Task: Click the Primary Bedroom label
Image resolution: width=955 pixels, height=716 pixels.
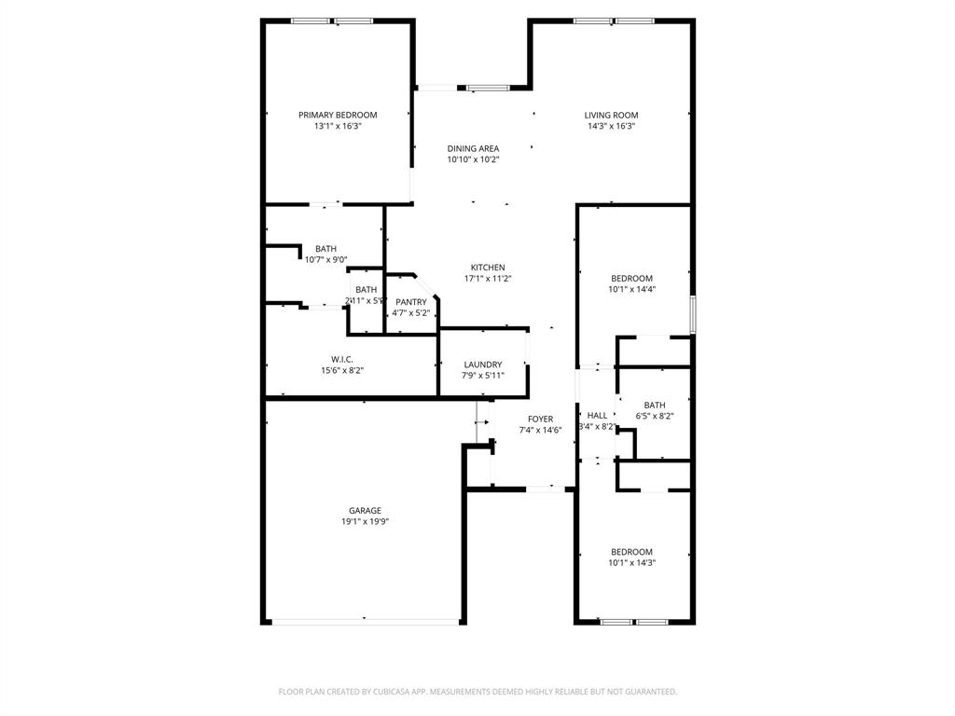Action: pyautogui.click(x=338, y=115)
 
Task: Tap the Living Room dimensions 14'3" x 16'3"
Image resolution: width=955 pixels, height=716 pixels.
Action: pyautogui.click(x=611, y=126)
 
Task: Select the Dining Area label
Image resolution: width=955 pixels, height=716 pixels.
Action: pyautogui.click(x=473, y=148)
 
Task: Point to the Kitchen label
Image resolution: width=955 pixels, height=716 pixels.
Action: pyautogui.click(x=488, y=268)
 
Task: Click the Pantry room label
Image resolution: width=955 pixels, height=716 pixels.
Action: pyautogui.click(x=411, y=302)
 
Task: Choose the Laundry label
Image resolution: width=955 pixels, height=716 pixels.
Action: pyautogui.click(x=482, y=365)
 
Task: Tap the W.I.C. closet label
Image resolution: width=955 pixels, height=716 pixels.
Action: pyautogui.click(x=341, y=359)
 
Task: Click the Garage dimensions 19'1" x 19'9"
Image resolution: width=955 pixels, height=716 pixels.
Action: pyautogui.click(x=365, y=522)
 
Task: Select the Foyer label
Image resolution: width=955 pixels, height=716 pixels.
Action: pyautogui.click(x=540, y=420)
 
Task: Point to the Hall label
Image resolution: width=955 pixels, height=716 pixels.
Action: pyautogui.click(x=597, y=416)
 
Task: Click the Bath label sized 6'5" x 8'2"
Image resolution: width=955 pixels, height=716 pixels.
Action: pyautogui.click(x=655, y=405)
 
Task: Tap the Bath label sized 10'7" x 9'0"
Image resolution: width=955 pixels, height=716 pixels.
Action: pyautogui.click(x=325, y=249)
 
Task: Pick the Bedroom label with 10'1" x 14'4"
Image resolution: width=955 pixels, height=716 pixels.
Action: pyautogui.click(x=631, y=279)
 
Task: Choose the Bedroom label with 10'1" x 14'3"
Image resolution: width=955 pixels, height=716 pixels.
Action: pyautogui.click(x=631, y=552)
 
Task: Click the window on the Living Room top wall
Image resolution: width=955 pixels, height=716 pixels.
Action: pyautogui.click(x=613, y=21)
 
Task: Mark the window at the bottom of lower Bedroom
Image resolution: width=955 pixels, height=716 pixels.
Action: pyautogui.click(x=633, y=622)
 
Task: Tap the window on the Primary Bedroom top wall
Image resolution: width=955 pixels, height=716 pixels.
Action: pyautogui.click(x=332, y=21)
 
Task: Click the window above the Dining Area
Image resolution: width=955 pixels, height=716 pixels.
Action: pyautogui.click(x=488, y=88)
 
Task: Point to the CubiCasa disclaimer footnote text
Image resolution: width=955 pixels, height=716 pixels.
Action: pyautogui.click(x=477, y=692)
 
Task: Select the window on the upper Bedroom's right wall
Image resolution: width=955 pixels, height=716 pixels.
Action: pyautogui.click(x=692, y=314)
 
